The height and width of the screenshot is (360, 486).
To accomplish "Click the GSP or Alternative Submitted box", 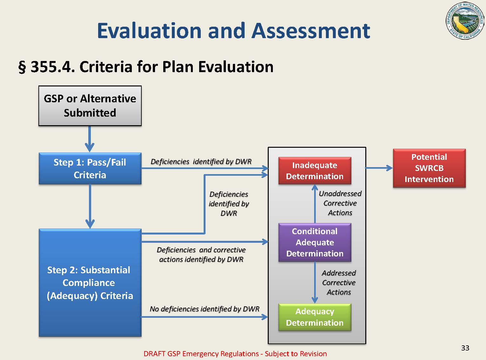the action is (x=90, y=105).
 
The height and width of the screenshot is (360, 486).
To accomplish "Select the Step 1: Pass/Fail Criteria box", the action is (x=90, y=168).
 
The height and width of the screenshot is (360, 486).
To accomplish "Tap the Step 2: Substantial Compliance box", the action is (x=90, y=282).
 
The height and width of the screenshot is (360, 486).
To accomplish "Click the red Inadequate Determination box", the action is (x=314, y=171).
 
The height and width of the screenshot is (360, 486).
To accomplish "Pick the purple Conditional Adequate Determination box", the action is (x=314, y=242).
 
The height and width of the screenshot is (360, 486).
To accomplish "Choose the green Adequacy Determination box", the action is (x=314, y=317).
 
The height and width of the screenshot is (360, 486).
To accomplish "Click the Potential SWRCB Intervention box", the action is (x=429, y=168).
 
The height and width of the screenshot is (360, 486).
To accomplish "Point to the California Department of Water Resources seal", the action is (x=465, y=21).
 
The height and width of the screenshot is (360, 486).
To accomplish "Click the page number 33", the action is (x=465, y=348).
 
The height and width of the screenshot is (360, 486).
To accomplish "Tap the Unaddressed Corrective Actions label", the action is (x=340, y=203).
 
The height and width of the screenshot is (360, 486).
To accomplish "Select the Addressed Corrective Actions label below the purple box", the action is (x=339, y=282).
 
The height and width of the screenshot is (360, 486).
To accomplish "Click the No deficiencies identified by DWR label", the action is (x=205, y=309).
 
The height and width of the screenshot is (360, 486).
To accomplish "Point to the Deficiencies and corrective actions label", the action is (x=201, y=255).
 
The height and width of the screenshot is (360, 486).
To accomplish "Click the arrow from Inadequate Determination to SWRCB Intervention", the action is (x=379, y=168).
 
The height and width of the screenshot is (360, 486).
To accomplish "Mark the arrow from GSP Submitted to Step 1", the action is (x=90, y=139).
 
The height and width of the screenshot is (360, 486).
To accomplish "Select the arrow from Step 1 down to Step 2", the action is (x=90, y=206).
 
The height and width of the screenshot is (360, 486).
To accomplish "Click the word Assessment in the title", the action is (x=311, y=31).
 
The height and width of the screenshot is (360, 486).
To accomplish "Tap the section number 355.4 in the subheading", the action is (x=52, y=67).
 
